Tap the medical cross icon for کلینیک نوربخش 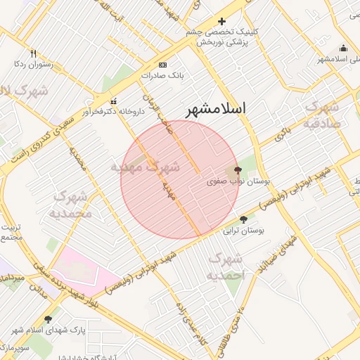[222, 22]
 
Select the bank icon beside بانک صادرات [162, 64]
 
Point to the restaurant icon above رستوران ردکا [33, 53]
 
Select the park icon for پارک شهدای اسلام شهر [48, 319]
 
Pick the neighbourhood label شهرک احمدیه [225, 267]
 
